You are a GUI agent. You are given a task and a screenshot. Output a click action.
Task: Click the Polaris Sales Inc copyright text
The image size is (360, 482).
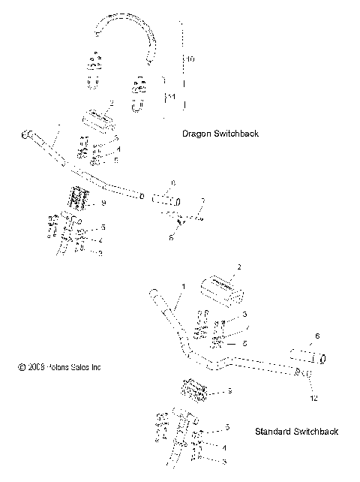tap(59, 367)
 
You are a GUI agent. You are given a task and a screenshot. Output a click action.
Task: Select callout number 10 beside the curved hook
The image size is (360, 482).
tap(190, 58)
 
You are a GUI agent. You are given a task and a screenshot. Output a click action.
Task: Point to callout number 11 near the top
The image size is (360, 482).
tap(172, 98)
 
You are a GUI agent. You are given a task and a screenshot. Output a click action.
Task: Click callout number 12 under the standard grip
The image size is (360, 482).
tap(313, 397)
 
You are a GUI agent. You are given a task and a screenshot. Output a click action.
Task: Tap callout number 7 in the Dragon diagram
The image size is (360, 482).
tap(202, 200)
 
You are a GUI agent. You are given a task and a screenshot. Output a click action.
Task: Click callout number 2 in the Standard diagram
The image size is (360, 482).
tap(238, 267)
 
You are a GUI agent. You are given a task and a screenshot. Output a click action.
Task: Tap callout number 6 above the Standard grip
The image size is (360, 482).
tap(317, 336)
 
